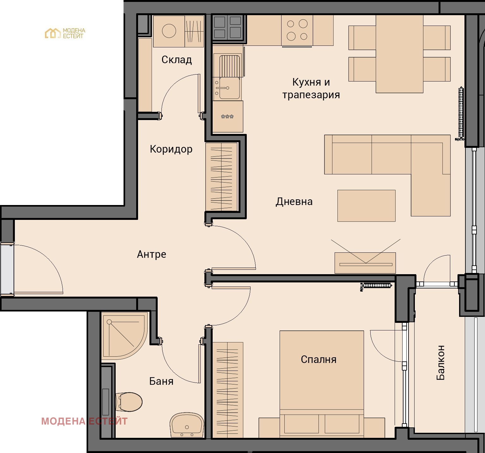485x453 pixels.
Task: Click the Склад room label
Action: pyautogui.click(x=177, y=60)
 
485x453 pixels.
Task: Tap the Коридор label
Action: pyautogui.click(x=171, y=149)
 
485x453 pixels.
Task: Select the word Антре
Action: pyautogui.click(x=152, y=254)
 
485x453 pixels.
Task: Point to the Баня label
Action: pyautogui.click(x=161, y=381)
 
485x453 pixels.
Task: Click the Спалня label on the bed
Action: pyautogui.click(x=318, y=359)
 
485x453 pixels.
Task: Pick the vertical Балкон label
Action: pyautogui.click(x=440, y=363)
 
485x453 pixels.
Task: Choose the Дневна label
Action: pyautogui.click(x=294, y=202)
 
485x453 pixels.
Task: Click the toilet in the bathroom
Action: pyautogui.click(x=129, y=402)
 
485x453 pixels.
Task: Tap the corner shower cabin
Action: pyautogui.click(x=122, y=335)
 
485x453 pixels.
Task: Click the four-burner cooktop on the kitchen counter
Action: pyautogui.click(x=297, y=30)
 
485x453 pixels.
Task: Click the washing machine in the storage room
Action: pyautogui.click(x=169, y=31)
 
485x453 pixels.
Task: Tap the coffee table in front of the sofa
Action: pyautogui.click(x=366, y=206)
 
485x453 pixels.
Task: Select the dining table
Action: pyautogui.click(x=399, y=54)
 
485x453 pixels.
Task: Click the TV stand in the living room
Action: pyautogui.click(x=365, y=263)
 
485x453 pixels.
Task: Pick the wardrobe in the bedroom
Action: pyautogui.click(x=227, y=390)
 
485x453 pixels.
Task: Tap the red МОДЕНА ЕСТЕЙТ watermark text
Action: pyautogui.click(x=84, y=421)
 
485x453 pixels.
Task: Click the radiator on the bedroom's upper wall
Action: pyautogui.click(x=377, y=286)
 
